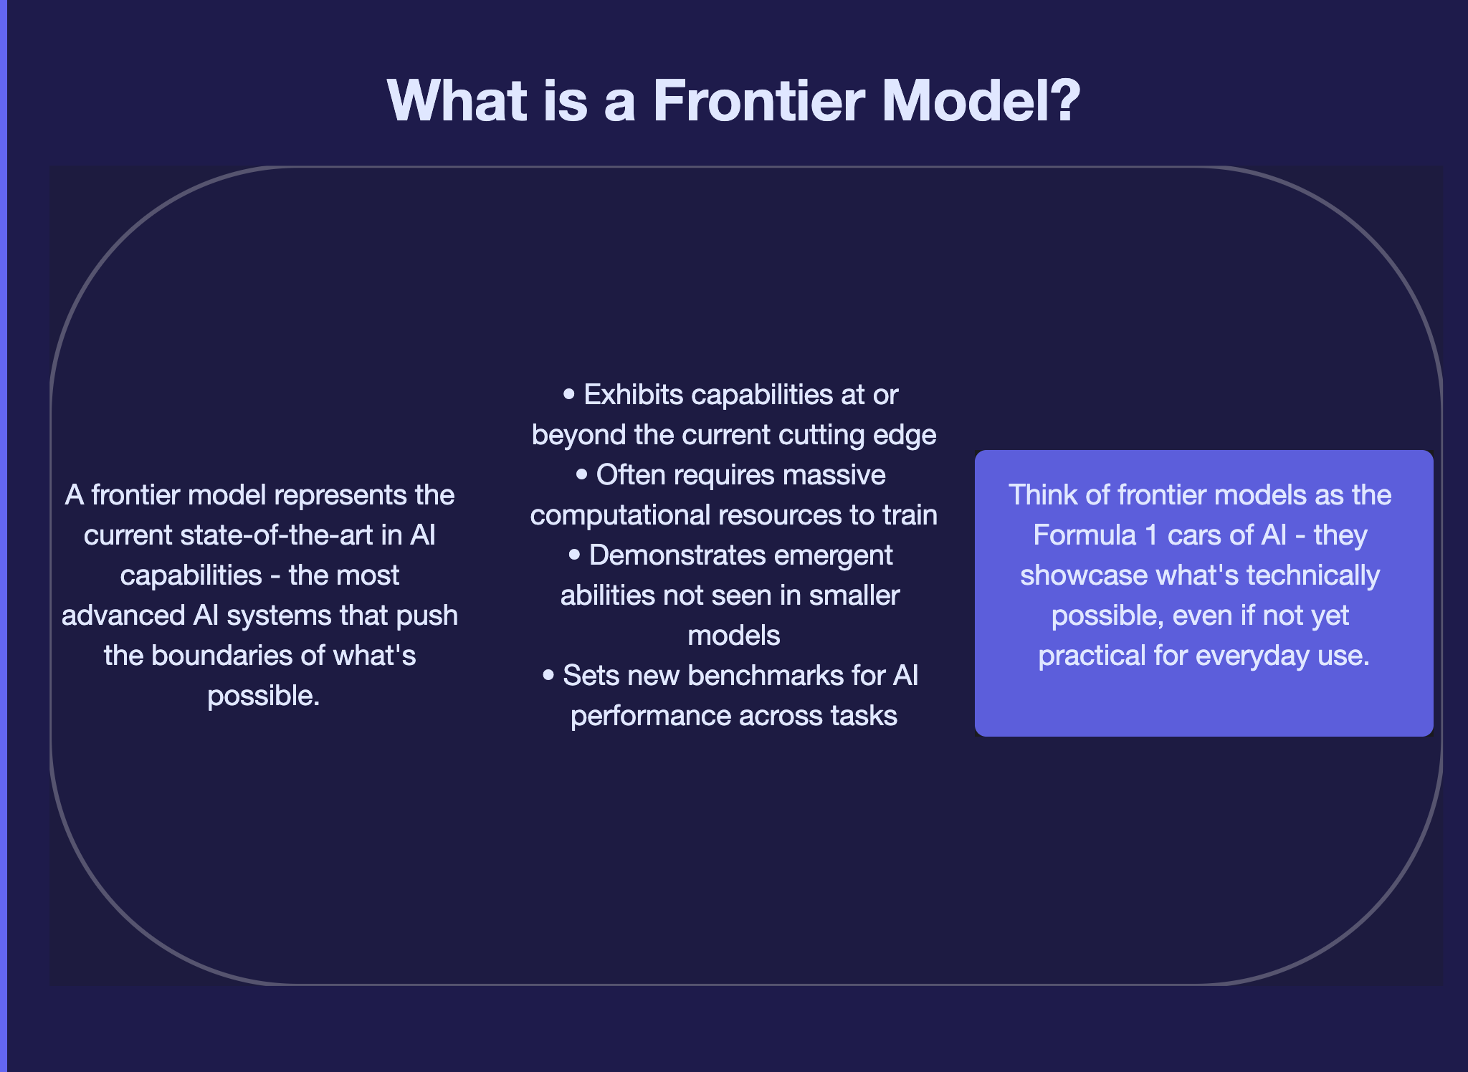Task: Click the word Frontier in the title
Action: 758,101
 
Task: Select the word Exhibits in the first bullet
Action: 633,395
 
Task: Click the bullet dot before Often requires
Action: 582,475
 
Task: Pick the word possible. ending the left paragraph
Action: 263,696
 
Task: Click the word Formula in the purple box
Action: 1085,535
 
